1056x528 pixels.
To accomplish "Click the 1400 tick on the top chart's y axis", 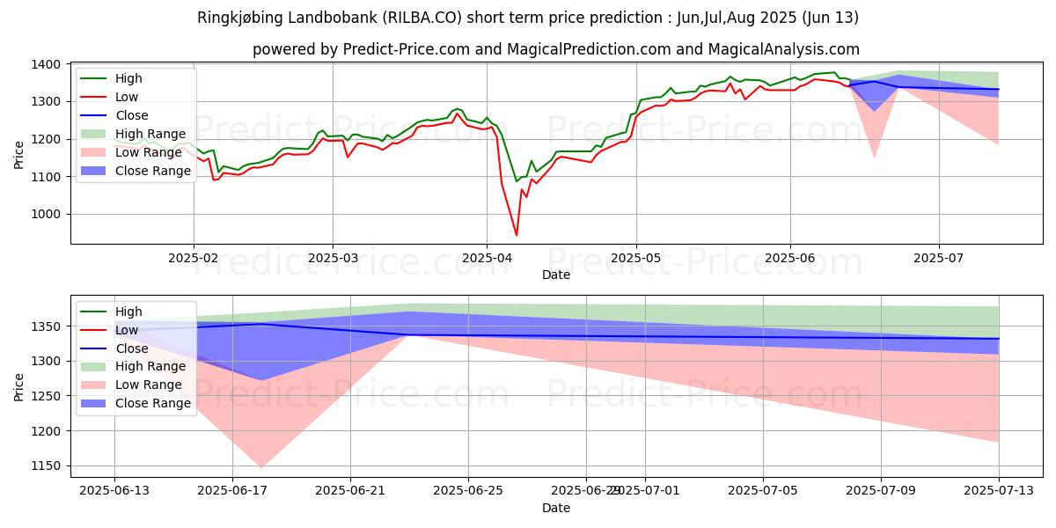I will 46,64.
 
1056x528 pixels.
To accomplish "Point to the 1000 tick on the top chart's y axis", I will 46,214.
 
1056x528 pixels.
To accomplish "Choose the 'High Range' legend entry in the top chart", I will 150,134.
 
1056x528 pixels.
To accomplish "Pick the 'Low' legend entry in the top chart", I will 127,97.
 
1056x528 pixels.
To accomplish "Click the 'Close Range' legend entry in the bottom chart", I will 153,403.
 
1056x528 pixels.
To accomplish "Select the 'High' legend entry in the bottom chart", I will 128,312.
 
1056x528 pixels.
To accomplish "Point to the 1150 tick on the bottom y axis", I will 46,466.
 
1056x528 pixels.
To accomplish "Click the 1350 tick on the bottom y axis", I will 46,326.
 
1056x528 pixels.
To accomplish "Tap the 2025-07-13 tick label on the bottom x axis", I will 999,490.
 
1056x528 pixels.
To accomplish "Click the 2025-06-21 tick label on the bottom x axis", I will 350,490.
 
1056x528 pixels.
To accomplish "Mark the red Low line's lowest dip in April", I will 517,235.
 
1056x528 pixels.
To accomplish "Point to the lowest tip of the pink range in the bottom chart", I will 262,467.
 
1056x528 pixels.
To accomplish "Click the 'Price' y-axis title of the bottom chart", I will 18,386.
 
